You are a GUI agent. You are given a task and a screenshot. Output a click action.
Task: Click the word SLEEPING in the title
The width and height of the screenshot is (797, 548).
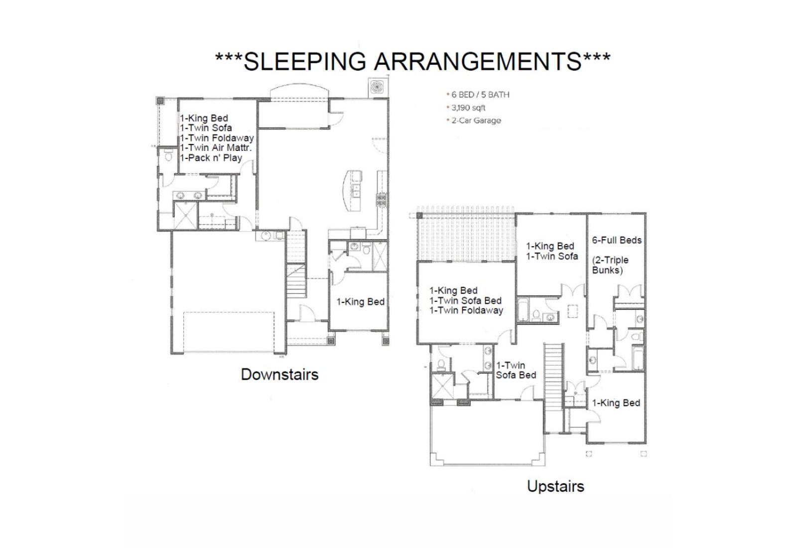(x=305, y=61)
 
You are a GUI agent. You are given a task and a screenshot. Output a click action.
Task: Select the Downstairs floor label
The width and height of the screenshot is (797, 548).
(x=279, y=375)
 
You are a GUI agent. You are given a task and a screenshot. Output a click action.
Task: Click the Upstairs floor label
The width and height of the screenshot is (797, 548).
(x=555, y=486)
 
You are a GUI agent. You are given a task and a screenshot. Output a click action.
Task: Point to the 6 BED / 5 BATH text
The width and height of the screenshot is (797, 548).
(x=480, y=95)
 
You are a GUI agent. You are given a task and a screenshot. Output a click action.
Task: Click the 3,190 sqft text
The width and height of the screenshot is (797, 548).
(x=468, y=108)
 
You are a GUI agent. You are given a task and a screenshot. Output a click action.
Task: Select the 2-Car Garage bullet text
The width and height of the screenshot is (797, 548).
(x=476, y=120)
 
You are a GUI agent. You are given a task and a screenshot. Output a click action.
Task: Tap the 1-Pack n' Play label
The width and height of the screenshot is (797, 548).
(x=211, y=157)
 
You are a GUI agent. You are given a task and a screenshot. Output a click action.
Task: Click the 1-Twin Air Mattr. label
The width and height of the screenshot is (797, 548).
(x=216, y=147)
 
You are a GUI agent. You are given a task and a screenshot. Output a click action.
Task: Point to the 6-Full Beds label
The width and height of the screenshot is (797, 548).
(x=617, y=240)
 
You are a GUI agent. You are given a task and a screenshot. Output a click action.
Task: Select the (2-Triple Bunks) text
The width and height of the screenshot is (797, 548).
(x=610, y=265)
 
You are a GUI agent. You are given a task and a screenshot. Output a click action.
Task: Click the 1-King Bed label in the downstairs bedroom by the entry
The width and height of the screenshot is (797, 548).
(x=361, y=302)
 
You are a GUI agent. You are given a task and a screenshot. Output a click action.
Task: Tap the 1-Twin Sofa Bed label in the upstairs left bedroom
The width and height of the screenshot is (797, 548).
(x=465, y=300)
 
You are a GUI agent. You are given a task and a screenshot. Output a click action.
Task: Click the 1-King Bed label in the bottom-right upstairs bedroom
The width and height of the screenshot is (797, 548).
(x=616, y=403)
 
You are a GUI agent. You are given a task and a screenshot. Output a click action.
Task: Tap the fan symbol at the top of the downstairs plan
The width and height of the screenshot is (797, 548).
(x=376, y=87)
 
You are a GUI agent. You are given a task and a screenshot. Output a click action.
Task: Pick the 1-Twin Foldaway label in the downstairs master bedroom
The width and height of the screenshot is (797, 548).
(x=217, y=138)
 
